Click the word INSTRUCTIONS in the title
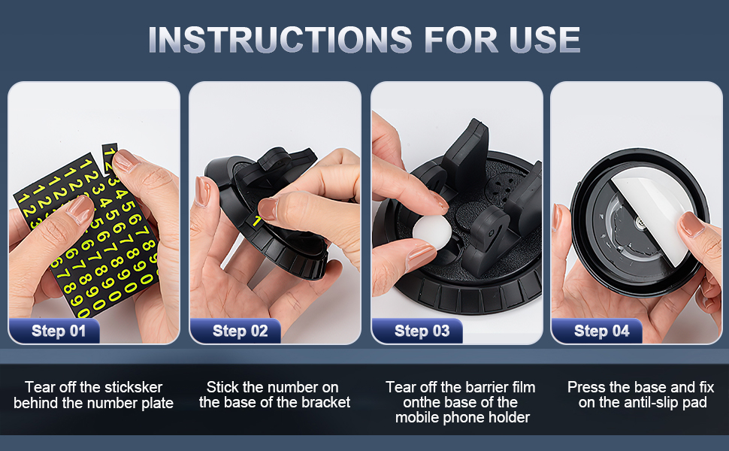click(x=278, y=39)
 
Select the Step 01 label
click(x=59, y=331)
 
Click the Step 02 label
click(x=240, y=331)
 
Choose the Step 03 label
click(x=422, y=331)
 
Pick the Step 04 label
click(x=601, y=331)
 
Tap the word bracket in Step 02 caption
click(x=327, y=402)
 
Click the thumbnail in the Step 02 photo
click(x=268, y=210)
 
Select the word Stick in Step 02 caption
click(x=223, y=387)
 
